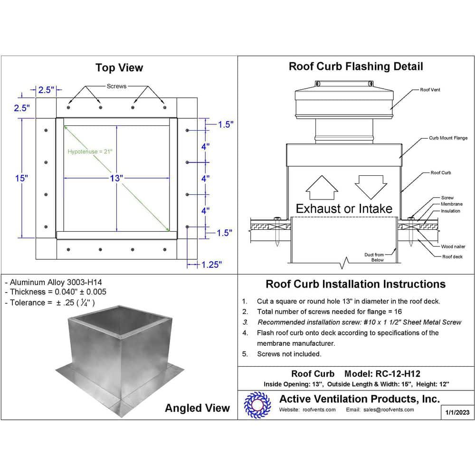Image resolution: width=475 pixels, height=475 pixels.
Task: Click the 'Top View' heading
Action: point(119,68)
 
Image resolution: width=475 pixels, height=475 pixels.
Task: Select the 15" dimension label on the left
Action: point(21,178)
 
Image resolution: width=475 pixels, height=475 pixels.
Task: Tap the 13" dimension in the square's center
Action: point(116,178)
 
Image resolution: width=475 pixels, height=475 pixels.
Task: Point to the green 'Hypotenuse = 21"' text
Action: point(90,152)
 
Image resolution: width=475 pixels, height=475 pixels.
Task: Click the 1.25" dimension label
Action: point(209,265)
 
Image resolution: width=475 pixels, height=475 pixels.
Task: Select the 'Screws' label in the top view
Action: point(116,86)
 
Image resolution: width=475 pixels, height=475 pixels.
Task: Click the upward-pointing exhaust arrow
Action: point(321,188)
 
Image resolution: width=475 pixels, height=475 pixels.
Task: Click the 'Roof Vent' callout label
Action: point(430,90)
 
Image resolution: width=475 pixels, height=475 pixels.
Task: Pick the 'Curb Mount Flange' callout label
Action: point(448,138)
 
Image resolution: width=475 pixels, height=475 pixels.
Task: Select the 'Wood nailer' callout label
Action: point(453,247)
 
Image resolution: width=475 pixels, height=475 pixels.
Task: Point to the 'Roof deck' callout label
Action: point(452,256)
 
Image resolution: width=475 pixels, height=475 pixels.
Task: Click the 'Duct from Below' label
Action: point(374,257)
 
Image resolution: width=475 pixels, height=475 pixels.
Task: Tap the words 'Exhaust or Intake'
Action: point(344,209)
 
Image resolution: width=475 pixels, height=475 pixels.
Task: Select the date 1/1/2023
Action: point(457,412)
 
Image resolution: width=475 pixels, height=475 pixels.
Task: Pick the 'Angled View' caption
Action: point(197,408)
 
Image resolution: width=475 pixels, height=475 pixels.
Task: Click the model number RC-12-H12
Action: point(398,374)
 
